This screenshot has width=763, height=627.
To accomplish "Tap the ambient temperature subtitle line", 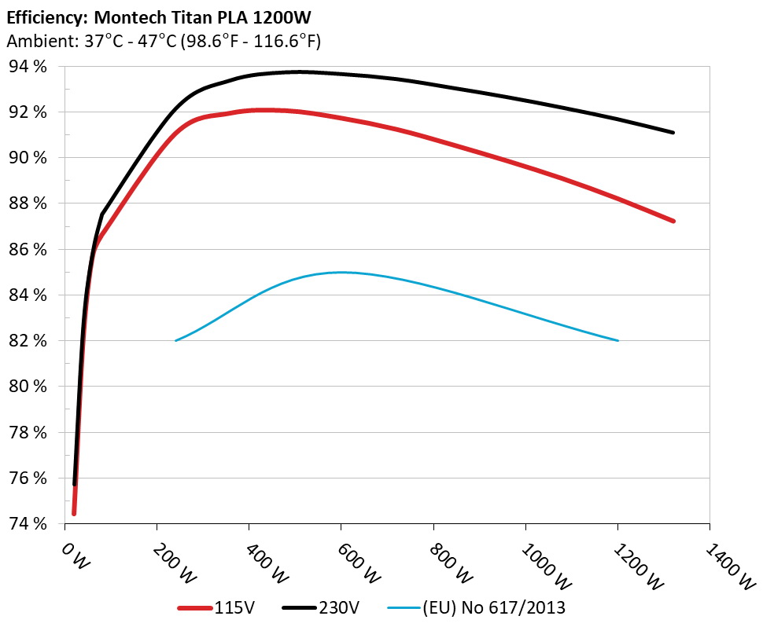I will [163, 41].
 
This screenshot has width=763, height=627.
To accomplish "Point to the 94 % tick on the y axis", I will [28, 67].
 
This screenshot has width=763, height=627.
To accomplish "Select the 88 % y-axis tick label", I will [28, 203].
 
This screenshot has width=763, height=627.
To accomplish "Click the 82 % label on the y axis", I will [28, 341].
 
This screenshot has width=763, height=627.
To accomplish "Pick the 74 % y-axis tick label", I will [28, 523].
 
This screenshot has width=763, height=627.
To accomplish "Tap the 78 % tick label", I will [28, 432].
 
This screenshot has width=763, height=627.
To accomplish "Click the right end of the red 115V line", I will [673, 221].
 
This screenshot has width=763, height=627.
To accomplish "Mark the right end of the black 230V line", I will [673, 133].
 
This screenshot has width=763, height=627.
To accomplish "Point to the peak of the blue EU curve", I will [341, 272].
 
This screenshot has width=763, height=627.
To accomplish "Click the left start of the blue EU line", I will [175, 340].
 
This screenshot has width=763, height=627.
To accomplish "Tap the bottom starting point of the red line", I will [74, 513].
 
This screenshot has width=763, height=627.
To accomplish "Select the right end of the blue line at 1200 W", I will [618, 340].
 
